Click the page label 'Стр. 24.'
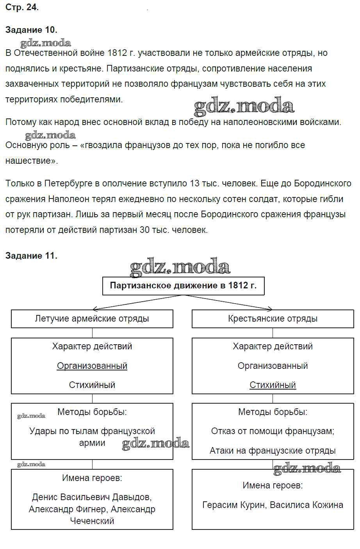pos(22,7)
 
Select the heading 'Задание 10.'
pos(31,30)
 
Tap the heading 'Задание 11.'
pos(31,256)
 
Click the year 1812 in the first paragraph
pos(117,53)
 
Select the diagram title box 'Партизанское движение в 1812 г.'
pos(183,286)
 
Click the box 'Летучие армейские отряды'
pos(92,319)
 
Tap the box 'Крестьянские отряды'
pos(273,319)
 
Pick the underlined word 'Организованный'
pos(92,366)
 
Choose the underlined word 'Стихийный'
pos(273,385)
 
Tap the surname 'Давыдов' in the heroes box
pos(132,497)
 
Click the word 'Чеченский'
pos(92,520)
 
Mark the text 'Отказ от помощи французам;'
pos(273,431)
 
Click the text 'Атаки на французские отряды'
pos(273,451)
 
